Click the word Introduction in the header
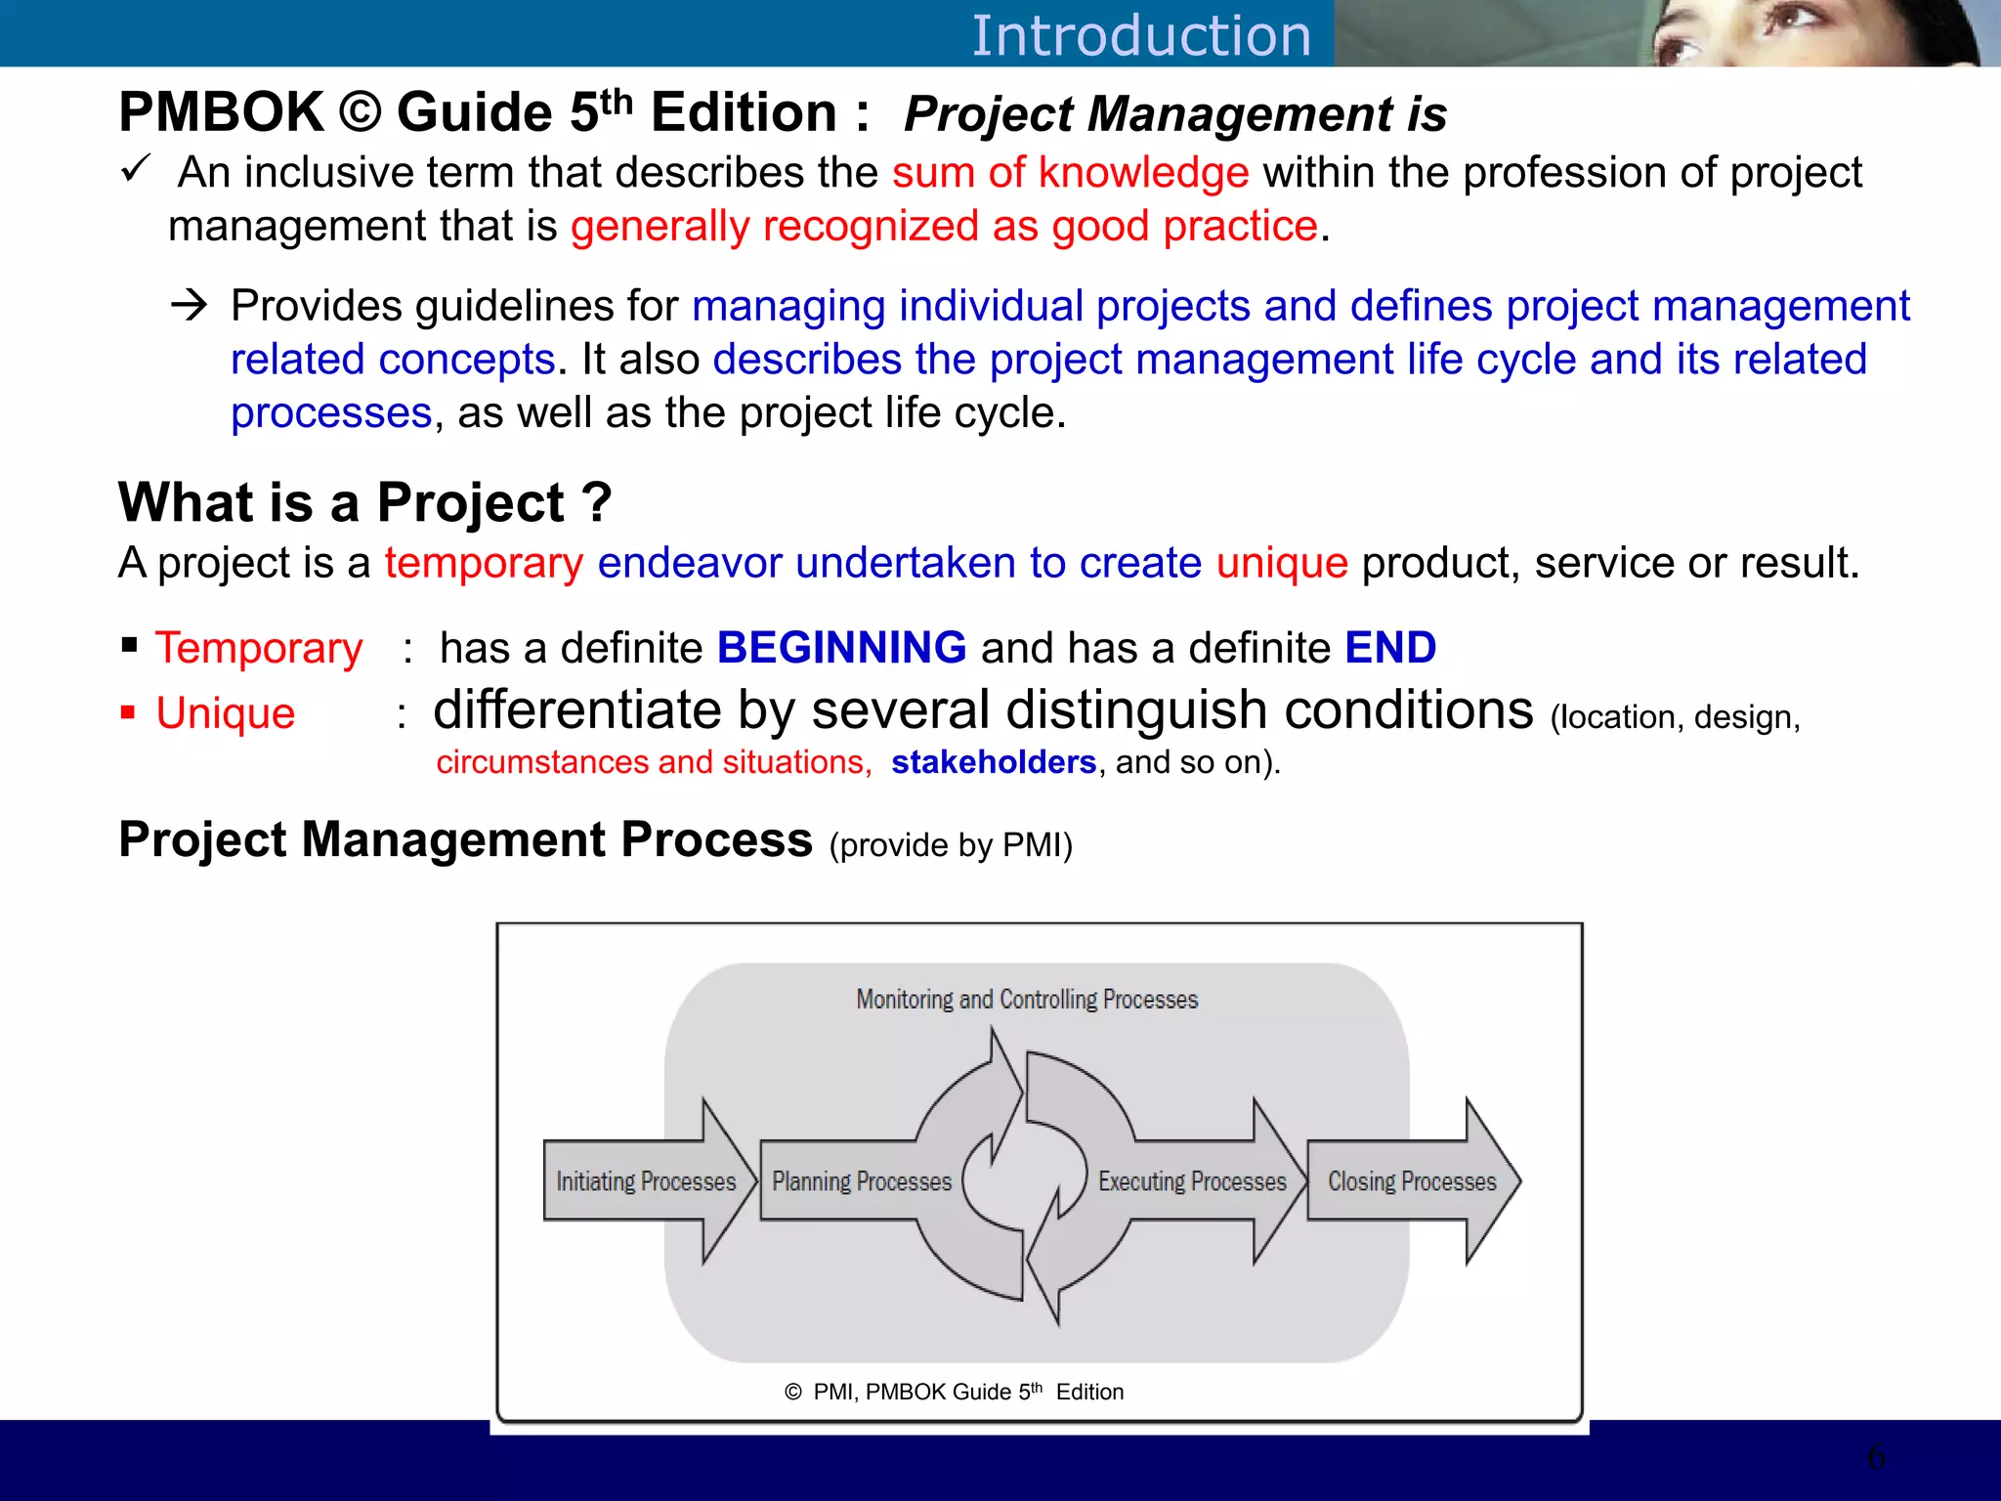(1140, 36)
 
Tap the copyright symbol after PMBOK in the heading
(360, 112)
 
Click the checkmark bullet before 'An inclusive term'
(135, 168)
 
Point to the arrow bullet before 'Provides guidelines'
(189, 305)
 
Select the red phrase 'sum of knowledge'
(1070, 173)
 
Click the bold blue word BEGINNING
(841, 648)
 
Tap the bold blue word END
(1389, 648)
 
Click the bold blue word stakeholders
(993, 762)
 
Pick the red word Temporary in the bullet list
(259, 649)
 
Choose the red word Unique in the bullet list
(226, 713)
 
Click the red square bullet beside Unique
(128, 711)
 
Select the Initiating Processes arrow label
(646, 1181)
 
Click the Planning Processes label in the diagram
(862, 1181)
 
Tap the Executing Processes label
(1192, 1181)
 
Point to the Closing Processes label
(1412, 1181)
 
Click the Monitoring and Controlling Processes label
(1027, 1000)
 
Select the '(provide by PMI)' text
(951, 845)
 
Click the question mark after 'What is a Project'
(596, 502)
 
